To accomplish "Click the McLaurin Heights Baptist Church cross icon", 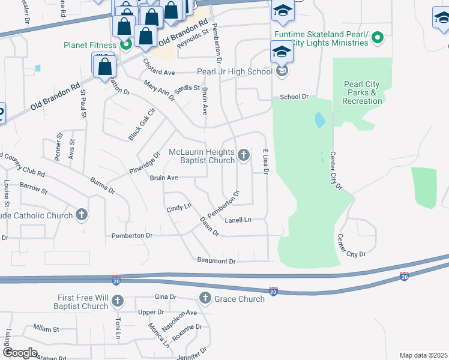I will point(244,156).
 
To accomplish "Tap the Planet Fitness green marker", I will point(126,43).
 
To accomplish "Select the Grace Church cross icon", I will point(205,298).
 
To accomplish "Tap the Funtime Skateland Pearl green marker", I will point(377,38).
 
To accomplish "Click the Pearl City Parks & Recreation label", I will point(363,92).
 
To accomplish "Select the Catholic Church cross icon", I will point(82,215).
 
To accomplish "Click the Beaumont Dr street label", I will point(216,260).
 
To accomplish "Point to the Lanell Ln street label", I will point(238,220).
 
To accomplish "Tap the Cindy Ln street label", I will point(178,208).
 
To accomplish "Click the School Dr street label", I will point(294,97).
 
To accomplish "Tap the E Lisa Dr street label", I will point(264,161).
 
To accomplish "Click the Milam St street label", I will point(46,329).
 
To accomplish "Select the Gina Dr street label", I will point(165,297).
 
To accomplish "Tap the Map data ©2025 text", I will point(424,355).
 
